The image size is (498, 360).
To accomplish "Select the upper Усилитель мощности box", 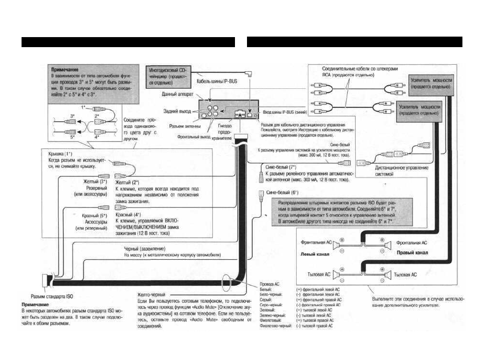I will pos(431,83).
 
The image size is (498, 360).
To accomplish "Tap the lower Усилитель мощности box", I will pos(420,110).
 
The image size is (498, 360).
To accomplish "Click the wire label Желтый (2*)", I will pos(127,183).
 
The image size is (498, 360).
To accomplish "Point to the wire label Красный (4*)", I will pos(127,214).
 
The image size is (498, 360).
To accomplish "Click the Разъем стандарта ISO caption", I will pos(46,296).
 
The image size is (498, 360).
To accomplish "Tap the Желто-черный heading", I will pos(151,295).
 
